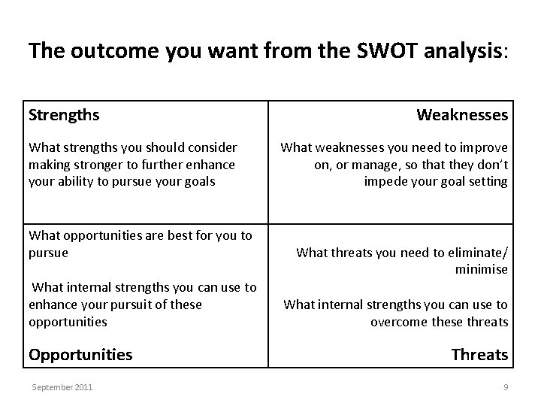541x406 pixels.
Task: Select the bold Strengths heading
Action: [x=64, y=116]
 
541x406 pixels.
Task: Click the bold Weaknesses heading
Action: [x=462, y=116]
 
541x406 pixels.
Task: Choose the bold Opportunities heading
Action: [x=80, y=354]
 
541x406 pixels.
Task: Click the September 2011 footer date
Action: [x=62, y=387]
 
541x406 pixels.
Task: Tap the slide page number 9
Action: [x=506, y=387]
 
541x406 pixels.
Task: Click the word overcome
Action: [x=398, y=322]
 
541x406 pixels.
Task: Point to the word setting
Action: [x=487, y=180]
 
